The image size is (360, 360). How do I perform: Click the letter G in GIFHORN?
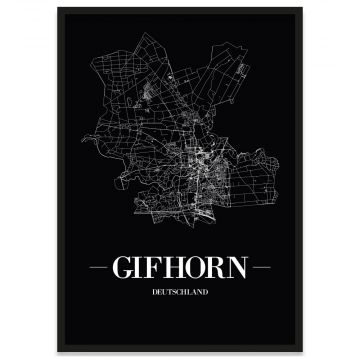[x=135, y=268]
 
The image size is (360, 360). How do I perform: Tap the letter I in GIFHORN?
[x=151, y=268]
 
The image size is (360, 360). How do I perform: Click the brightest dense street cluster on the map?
[x=206, y=158]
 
